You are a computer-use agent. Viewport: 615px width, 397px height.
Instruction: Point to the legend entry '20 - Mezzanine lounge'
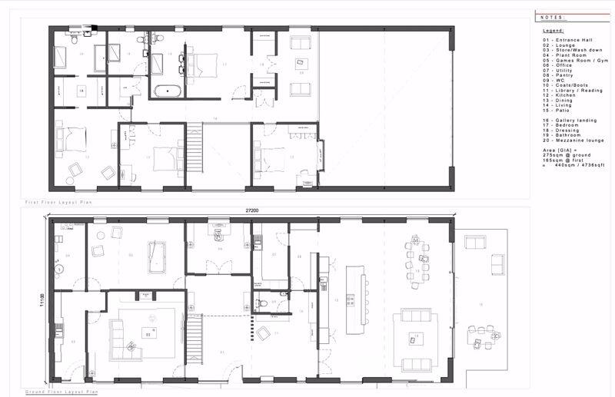572,141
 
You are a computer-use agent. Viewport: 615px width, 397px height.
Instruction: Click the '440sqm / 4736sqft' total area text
575,165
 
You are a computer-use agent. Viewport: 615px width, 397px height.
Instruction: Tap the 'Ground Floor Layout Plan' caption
61,392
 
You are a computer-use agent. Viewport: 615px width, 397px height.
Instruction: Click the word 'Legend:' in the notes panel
553,30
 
